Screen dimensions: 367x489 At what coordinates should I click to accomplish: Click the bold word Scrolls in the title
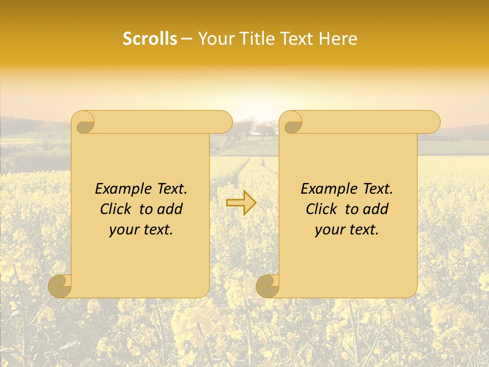[x=150, y=39]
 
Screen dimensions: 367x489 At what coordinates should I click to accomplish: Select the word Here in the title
[x=339, y=39]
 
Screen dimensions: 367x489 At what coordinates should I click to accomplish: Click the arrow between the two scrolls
[x=241, y=203]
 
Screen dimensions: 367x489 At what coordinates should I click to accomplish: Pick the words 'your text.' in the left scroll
[x=141, y=230]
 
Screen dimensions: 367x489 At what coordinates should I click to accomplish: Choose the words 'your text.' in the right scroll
[x=347, y=230]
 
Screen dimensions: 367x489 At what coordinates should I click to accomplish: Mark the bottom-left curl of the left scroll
[x=60, y=286]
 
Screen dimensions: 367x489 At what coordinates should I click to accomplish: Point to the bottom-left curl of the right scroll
[x=267, y=286]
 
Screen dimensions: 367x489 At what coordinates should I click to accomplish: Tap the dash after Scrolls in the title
[x=187, y=39]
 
